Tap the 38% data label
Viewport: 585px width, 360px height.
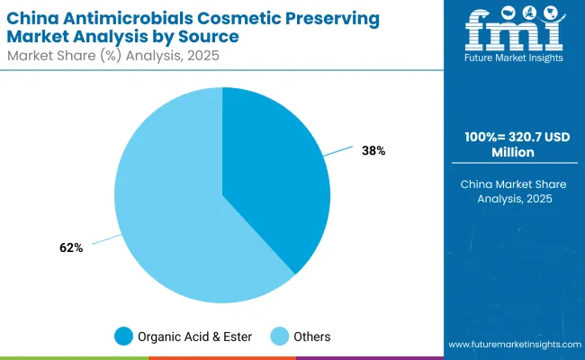(373, 150)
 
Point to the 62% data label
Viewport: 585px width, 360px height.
(70, 247)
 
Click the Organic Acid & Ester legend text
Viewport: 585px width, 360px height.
(195, 337)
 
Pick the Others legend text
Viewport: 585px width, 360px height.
(311, 337)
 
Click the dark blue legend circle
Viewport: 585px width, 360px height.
(123, 337)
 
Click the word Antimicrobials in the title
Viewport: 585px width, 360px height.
(111, 18)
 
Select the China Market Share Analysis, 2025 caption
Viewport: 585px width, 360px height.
(514, 191)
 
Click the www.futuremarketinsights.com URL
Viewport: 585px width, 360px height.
(512, 345)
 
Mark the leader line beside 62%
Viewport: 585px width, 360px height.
(105, 238)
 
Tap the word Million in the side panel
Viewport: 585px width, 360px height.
(514, 154)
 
